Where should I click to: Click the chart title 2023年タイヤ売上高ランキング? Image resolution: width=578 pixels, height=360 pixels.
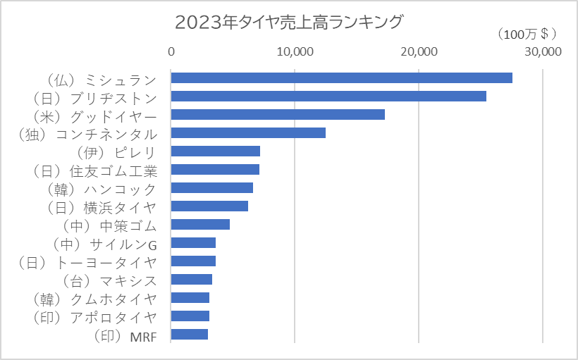[x=288, y=22]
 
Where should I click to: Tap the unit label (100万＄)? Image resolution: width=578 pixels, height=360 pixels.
[x=526, y=33]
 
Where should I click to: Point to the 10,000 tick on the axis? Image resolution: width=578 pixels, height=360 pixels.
[x=295, y=52]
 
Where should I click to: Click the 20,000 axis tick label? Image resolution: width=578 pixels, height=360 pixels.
[x=419, y=52]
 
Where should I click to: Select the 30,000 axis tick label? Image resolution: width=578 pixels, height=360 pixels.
[x=542, y=52]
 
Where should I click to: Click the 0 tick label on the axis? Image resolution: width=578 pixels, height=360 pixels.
[x=171, y=52]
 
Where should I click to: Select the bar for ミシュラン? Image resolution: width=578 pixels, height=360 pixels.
[x=341, y=77]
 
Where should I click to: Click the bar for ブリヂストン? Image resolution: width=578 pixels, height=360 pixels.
[x=328, y=96]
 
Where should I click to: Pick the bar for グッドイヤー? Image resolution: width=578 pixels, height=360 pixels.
[x=278, y=114]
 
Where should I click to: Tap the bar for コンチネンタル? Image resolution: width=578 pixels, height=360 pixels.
[x=248, y=132]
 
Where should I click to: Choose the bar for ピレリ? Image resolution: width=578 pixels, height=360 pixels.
[x=216, y=151]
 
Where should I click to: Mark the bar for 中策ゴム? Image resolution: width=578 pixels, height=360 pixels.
[x=200, y=224]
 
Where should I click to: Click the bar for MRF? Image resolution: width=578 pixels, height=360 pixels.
[x=190, y=334]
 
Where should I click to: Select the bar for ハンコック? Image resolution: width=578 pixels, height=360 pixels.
[x=212, y=187]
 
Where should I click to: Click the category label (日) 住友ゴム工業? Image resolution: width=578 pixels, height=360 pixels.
[x=94, y=170]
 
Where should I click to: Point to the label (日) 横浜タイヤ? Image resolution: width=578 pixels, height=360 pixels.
[x=101, y=206]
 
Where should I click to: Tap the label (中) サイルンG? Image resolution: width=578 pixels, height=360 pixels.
[x=104, y=244]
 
